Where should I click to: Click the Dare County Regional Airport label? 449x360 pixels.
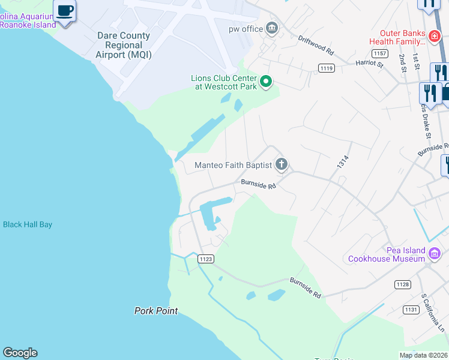[123, 45]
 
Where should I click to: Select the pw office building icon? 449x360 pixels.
[272, 28]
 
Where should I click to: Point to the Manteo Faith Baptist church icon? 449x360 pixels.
[281, 164]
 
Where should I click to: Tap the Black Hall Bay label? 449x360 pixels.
[28, 224]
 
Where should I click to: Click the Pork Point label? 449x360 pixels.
[155, 310]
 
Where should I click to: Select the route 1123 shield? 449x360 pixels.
[205, 259]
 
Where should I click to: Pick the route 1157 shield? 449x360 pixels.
[379, 53]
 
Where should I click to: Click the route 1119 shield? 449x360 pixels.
[327, 68]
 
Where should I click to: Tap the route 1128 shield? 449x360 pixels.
[402, 284]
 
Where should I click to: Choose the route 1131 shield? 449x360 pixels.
[411, 310]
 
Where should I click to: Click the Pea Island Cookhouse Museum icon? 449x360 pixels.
[435, 255]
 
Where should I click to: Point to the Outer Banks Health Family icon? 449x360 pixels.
[434, 37]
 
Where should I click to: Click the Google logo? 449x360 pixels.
[20, 353]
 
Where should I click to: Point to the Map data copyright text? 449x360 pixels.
[423, 355]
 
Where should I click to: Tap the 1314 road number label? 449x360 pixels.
[343, 163]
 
